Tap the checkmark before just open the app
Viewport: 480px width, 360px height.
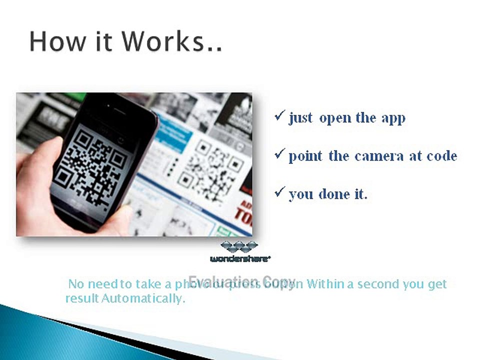click(x=279, y=117)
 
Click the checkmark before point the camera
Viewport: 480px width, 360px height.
click(x=279, y=155)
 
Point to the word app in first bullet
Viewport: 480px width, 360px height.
click(x=393, y=119)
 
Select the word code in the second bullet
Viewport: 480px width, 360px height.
click(x=441, y=156)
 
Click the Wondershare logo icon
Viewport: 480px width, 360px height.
click(x=239, y=247)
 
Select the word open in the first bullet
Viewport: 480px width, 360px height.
click(x=334, y=119)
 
